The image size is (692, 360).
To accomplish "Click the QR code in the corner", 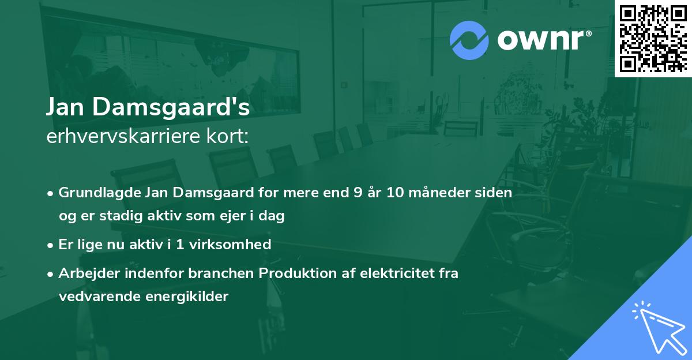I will [x=653, y=38].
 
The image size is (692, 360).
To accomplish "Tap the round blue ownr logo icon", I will [x=469, y=40].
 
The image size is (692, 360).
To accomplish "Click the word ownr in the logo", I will [x=544, y=40].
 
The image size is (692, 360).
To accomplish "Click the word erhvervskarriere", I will [x=114, y=137].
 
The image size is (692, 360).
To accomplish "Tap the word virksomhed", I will [x=236, y=244].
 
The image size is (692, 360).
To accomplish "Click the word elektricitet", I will [x=395, y=273].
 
